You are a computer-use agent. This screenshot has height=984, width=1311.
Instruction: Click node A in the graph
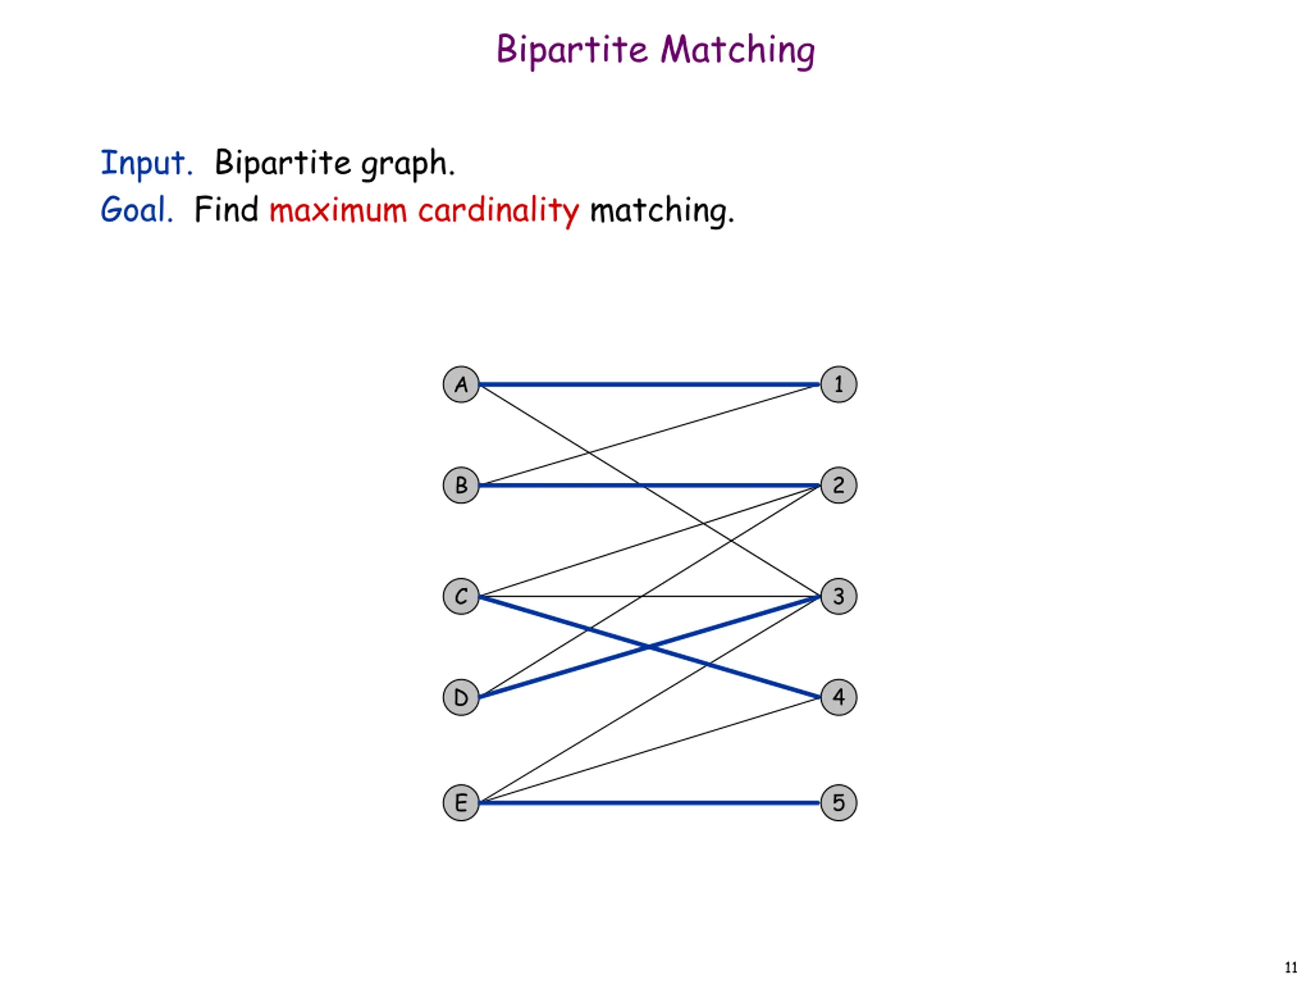[x=460, y=384]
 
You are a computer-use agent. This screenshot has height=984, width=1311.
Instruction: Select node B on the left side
[x=460, y=485]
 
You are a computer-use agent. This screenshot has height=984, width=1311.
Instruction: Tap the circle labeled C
[x=460, y=596]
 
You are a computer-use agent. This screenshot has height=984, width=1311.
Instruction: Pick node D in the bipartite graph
[x=460, y=697]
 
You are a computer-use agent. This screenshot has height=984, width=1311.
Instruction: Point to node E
[x=460, y=803]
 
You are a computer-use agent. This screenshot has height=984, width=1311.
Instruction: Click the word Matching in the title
[x=738, y=50]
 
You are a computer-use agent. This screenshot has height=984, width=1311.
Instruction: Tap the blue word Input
[x=146, y=163]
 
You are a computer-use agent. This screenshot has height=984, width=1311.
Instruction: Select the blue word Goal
[x=136, y=210]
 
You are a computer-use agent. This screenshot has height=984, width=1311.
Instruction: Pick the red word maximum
[x=338, y=211]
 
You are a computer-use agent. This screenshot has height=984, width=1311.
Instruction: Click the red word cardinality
[x=498, y=211]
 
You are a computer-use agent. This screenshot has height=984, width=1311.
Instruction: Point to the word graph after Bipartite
[x=407, y=165]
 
